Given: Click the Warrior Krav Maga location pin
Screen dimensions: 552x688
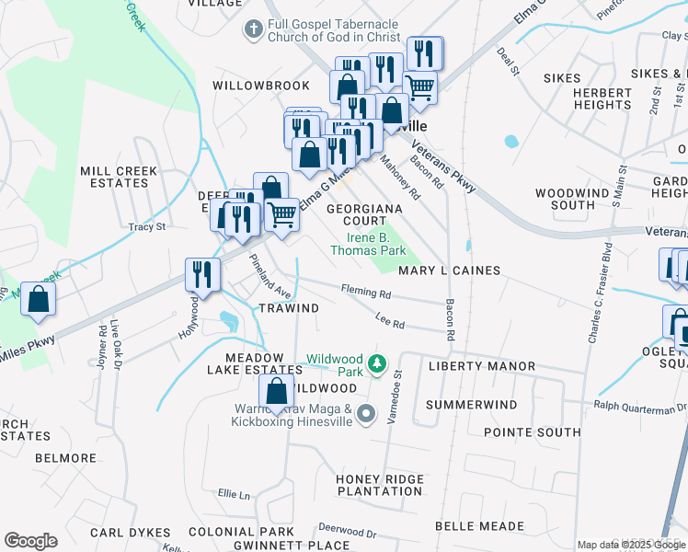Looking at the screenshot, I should tap(366, 415).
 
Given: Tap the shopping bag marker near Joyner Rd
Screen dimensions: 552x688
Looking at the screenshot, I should tap(39, 299).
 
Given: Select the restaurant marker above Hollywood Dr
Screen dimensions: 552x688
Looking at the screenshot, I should tap(201, 274).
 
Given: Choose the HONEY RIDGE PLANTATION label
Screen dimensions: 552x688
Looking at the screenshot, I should tap(379, 485).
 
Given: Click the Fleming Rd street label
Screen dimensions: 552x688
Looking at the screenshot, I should tap(367, 293).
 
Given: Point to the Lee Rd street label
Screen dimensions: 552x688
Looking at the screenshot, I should tap(391, 322).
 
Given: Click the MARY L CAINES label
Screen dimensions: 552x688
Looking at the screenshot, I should tap(449, 270).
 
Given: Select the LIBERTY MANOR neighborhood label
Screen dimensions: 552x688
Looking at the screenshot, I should tap(482, 366).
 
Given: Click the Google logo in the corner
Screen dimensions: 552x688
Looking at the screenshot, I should tap(30, 540).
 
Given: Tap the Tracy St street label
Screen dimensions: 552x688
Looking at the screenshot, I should tap(147, 226).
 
